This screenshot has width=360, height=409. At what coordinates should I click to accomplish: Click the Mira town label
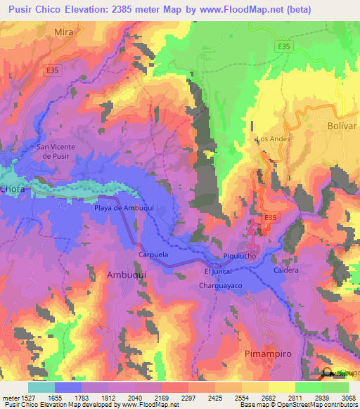(63, 32)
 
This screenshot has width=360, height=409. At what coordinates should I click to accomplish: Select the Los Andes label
(274, 139)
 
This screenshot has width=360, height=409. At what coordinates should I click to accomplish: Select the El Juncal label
(217, 271)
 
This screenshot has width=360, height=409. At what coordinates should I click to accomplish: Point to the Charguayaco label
(220, 286)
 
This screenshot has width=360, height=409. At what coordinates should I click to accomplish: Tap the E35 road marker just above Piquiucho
(270, 218)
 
